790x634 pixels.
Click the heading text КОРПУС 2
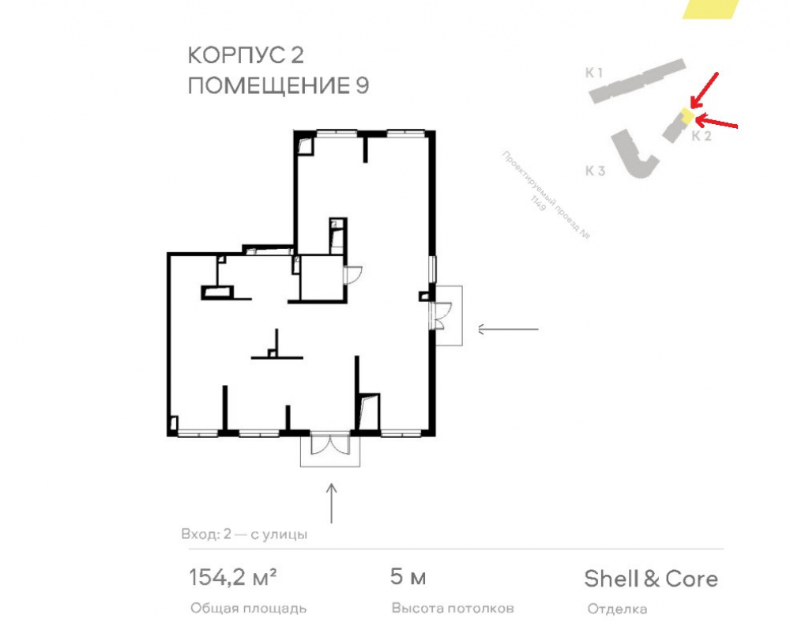coord(246,55)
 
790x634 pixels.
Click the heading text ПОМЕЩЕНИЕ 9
coord(279,85)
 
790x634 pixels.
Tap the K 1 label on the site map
coord(594,73)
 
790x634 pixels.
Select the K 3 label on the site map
coord(595,171)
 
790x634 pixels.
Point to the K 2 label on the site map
coord(702,135)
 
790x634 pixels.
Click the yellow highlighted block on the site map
coord(687,115)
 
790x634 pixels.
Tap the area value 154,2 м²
coord(233,578)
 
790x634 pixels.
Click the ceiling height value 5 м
coord(408,576)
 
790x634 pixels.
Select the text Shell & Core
coord(651,579)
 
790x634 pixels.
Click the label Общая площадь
coord(248,609)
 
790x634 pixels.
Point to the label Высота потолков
coord(453,608)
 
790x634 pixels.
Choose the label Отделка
coord(617,609)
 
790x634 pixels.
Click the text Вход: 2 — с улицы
coord(244,534)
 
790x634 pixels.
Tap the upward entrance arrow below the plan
coord(332,504)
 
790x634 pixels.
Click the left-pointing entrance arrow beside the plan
coord(508,329)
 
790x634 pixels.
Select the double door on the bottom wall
coord(330,443)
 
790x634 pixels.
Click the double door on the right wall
coord(440,316)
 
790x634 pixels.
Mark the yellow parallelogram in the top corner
coord(710,9)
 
